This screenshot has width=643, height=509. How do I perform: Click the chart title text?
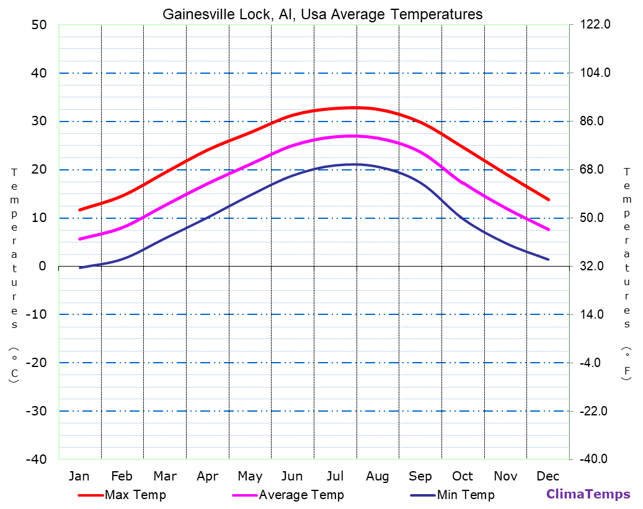[x=322, y=14]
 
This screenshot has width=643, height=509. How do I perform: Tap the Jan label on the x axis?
[x=79, y=476]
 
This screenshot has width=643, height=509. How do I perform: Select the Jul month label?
[x=335, y=476]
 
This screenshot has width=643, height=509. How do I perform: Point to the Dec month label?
[x=548, y=476]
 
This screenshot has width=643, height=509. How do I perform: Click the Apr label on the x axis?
[x=207, y=476]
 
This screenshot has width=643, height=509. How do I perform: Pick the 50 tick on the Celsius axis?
[x=38, y=25]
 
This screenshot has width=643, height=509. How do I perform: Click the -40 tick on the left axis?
[x=35, y=459]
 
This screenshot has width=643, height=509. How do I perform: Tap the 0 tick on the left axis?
[x=42, y=266]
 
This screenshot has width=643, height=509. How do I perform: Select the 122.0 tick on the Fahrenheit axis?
[x=595, y=25]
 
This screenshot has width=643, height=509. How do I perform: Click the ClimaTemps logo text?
[x=588, y=494]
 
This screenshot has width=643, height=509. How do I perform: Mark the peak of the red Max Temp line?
[x=355, y=108]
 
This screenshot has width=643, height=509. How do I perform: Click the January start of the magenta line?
[x=79, y=239]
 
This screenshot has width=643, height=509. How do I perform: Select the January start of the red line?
[x=79, y=210]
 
